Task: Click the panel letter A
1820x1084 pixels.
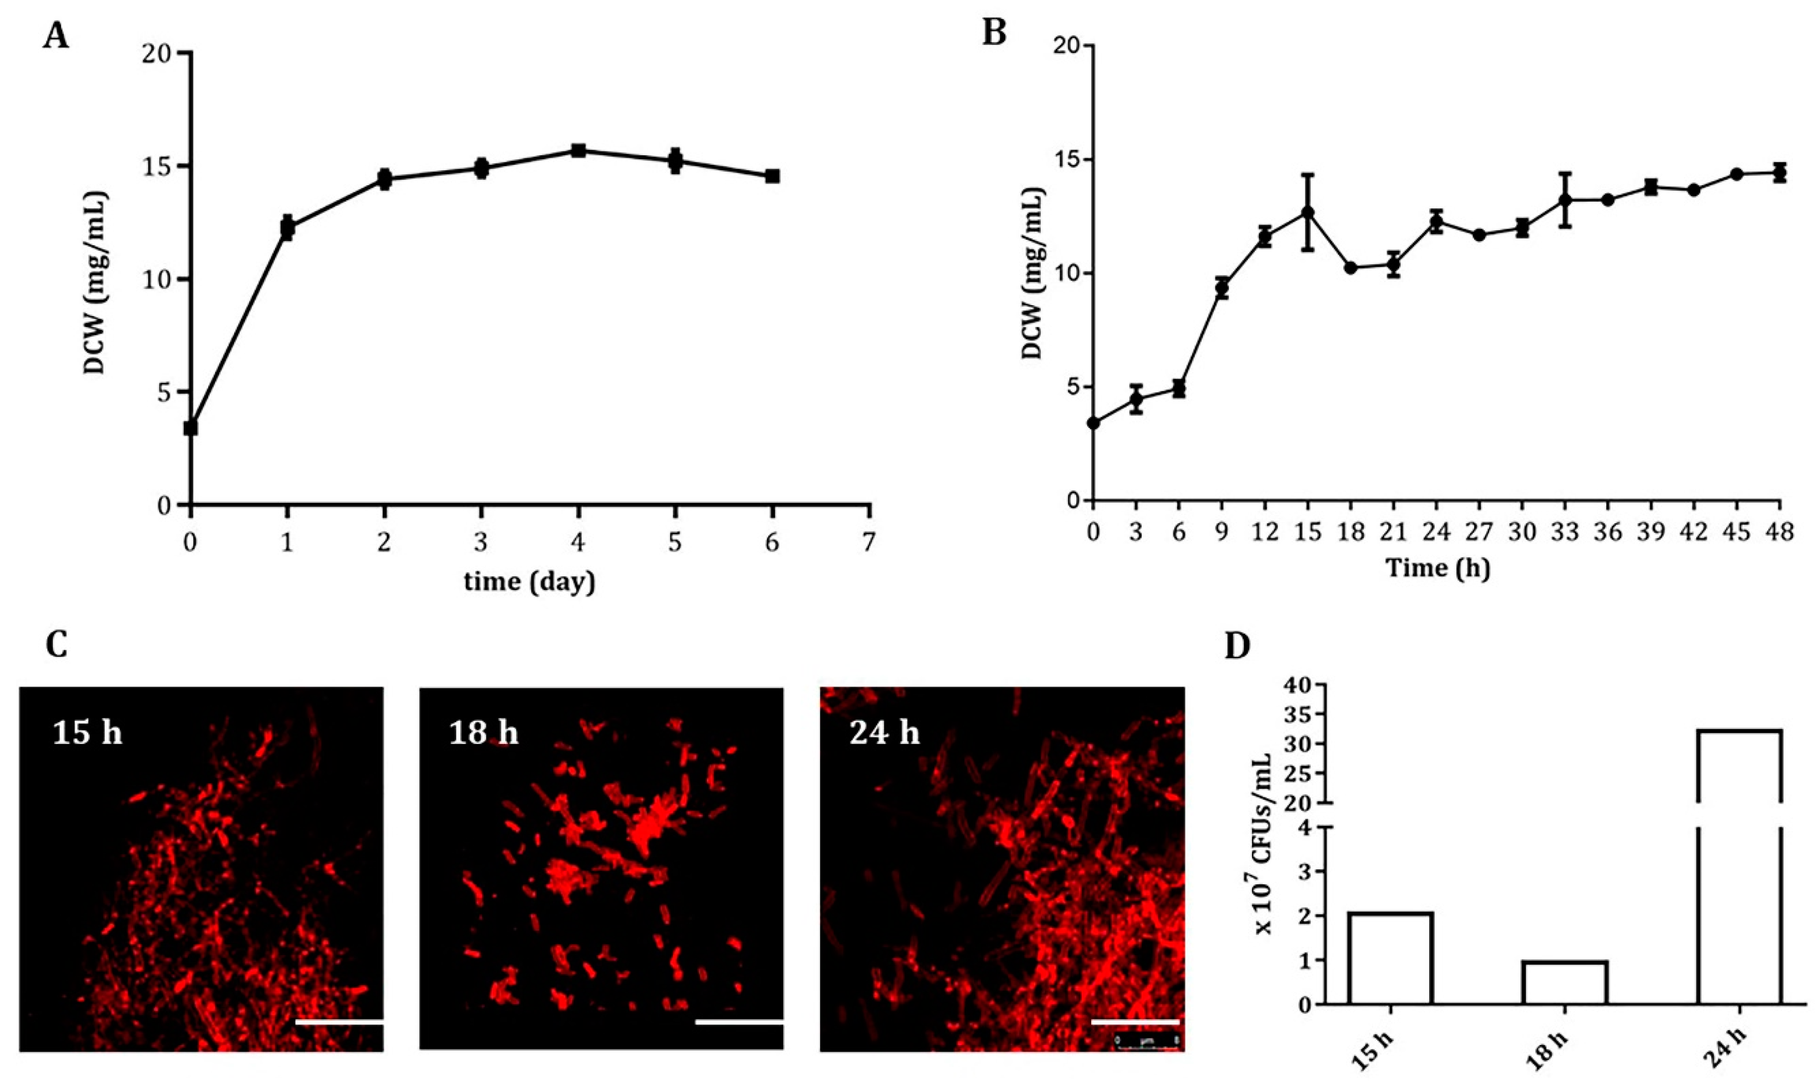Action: [56, 35]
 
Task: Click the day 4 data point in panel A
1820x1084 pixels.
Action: [578, 150]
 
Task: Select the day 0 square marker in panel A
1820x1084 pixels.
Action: [191, 428]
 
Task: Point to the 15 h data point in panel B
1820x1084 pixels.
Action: [1307, 212]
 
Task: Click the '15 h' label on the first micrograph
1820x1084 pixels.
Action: [87, 732]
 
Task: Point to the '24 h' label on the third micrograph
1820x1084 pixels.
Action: [884, 732]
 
